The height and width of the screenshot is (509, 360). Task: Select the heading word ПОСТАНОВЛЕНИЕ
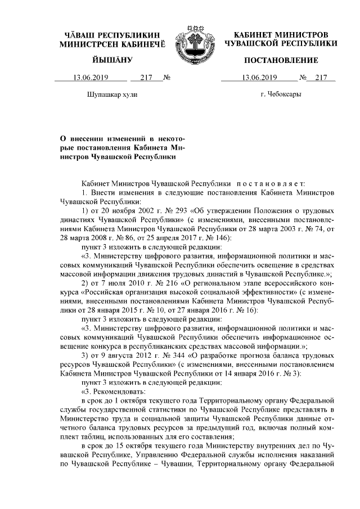(281, 60)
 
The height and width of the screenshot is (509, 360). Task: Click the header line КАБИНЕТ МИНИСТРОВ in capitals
(281, 35)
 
